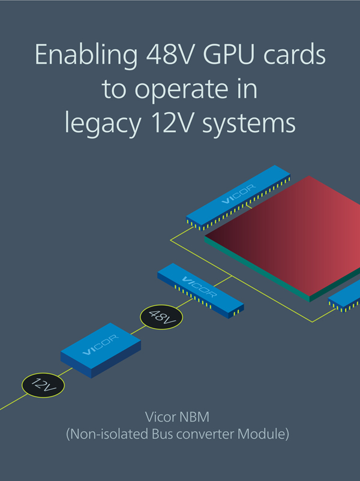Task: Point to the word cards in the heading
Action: [295, 56]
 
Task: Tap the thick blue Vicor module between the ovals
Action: [100, 351]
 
